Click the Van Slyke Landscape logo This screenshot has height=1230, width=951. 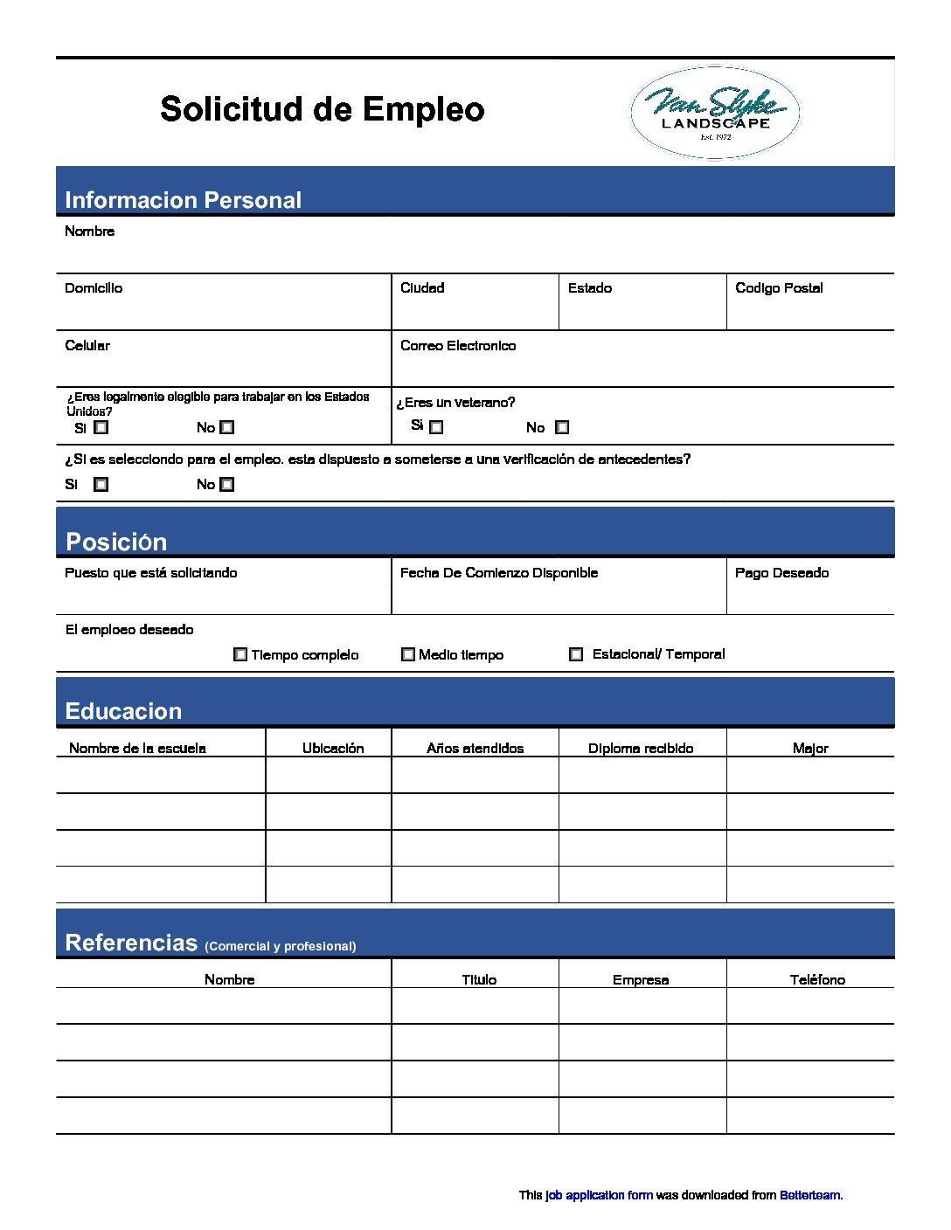pyautogui.click(x=715, y=114)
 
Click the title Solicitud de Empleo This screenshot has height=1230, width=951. pyautogui.click(x=322, y=110)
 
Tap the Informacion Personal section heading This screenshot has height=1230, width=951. pyautogui.click(x=183, y=200)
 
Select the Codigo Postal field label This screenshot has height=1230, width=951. pyautogui.click(x=779, y=288)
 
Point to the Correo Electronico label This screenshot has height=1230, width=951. pyautogui.click(x=458, y=346)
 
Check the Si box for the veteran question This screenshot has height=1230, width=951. pyautogui.click(x=437, y=427)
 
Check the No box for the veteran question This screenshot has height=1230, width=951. pyautogui.click(x=562, y=427)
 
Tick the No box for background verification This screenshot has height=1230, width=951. pyautogui.click(x=227, y=485)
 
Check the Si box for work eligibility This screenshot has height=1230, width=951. pyautogui.click(x=101, y=428)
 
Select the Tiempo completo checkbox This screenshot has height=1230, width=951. pyautogui.click(x=240, y=654)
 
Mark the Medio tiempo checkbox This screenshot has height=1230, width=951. pyautogui.click(x=408, y=654)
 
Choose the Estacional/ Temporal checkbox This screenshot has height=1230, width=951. pyautogui.click(x=576, y=654)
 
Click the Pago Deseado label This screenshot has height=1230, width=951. pyautogui.click(x=781, y=573)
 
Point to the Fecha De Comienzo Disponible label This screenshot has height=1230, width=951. pyautogui.click(x=499, y=573)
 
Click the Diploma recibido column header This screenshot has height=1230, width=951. pyautogui.click(x=641, y=749)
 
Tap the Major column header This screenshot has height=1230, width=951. pyautogui.click(x=810, y=749)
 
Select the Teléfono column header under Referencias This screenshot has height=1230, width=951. pyautogui.click(x=817, y=980)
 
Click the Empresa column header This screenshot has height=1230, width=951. pyautogui.click(x=641, y=980)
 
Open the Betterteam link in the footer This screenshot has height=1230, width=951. pyautogui.click(x=809, y=1195)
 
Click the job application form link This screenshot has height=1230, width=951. pyautogui.click(x=599, y=1195)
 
